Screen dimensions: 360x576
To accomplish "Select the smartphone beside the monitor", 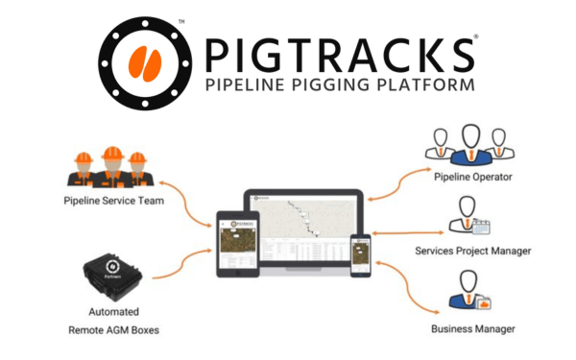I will coord(361,256).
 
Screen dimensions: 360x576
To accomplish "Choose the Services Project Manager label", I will coord(472,252).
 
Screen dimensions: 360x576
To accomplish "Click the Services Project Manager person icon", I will coord(469,217).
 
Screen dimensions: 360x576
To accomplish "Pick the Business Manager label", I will coord(472,329).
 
